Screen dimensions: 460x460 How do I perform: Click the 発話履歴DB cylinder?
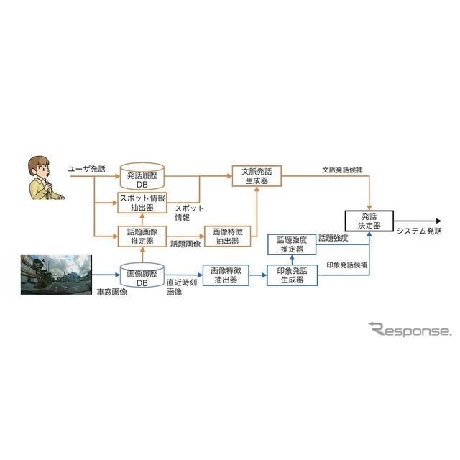click(x=142, y=176)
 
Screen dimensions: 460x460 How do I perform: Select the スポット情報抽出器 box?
click(x=142, y=203)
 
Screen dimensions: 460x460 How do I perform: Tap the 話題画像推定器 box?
click(x=142, y=236)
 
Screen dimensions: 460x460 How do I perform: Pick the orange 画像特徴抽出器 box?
click(x=227, y=236)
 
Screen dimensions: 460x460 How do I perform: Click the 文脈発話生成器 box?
click(x=257, y=176)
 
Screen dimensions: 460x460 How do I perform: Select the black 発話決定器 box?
click(x=369, y=221)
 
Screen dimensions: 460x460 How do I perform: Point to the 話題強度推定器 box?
click(x=292, y=244)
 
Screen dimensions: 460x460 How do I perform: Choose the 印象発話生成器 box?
click(x=293, y=275)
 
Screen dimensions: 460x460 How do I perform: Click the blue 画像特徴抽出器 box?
click(x=226, y=275)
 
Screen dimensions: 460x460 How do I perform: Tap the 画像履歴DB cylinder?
click(x=142, y=275)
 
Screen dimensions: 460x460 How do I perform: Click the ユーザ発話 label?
click(x=86, y=169)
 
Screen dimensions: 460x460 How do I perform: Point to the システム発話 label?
click(x=419, y=231)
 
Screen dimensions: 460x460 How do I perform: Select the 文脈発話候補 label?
click(x=342, y=170)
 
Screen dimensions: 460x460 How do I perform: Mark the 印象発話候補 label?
click(x=346, y=265)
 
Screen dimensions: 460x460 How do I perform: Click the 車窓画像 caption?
click(x=112, y=292)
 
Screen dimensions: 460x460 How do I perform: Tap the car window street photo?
click(x=56, y=275)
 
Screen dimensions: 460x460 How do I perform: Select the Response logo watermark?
click(x=410, y=329)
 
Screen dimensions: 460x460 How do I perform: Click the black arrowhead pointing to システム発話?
click(x=439, y=221)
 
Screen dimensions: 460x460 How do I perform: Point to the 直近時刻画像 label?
click(x=182, y=287)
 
